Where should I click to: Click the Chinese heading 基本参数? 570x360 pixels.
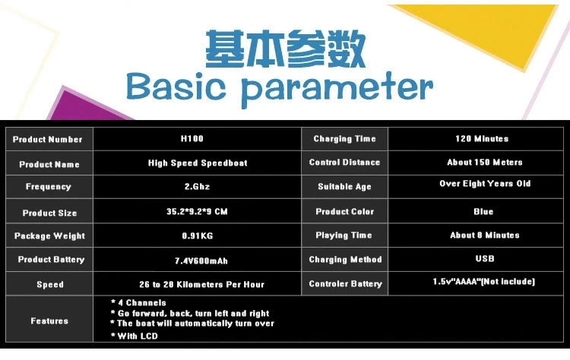tap(285, 49)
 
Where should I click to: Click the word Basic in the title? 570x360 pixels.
tap(176, 87)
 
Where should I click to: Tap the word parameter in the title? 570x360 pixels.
tap(337, 89)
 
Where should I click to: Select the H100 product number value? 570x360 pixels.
tap(192, 138)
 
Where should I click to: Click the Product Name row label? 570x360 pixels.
tap(49, 164)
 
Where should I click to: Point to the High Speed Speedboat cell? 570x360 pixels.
tap(198, 163)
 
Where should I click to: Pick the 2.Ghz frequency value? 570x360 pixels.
tap(197, 186)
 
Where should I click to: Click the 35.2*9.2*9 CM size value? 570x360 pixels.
tap(197, 211)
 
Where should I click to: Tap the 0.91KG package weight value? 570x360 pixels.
tap(198, 235)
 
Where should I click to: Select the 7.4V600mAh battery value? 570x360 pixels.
tap(201, 261)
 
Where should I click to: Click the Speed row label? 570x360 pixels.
tap(50, 285)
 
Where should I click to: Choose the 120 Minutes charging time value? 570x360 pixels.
tap(482, 138)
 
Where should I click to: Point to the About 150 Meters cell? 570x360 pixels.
tap(485, 162)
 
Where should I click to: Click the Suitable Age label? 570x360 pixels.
tap(344, 186)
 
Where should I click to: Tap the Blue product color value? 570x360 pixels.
tap(483, 211)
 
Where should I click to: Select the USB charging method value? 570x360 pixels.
tap(485, 258)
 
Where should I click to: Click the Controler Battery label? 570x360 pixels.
tap(345, 284)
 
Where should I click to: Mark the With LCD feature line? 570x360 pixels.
tap(135, 336)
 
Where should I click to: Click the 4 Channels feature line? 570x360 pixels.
tap(138, 302)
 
